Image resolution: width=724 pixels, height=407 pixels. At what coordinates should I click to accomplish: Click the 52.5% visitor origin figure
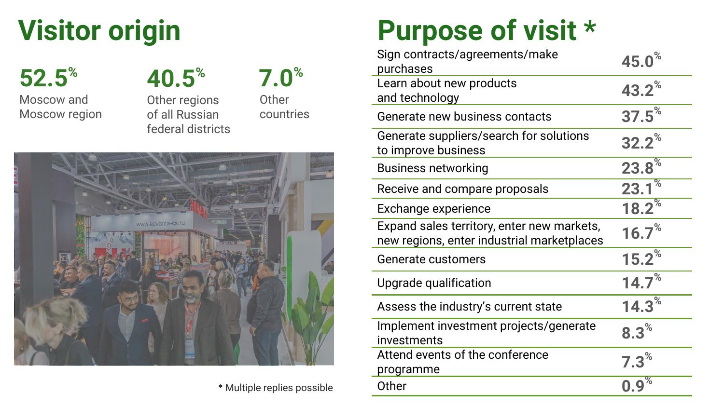click(48, 78)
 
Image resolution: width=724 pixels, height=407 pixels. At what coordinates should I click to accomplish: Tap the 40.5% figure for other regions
click(176, 78)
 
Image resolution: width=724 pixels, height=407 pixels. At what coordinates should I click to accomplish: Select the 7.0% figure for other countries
click(280, 78)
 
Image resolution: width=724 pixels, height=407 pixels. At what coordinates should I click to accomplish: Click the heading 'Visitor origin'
click(99, 31)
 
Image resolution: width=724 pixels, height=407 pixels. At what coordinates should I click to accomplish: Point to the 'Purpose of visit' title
click(487, 31)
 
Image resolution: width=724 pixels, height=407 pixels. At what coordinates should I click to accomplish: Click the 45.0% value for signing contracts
click(641, 60)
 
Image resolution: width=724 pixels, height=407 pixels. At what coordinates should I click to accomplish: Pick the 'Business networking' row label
click(432, 168)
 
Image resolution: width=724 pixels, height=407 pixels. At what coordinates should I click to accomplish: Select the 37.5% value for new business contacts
click(641, 116)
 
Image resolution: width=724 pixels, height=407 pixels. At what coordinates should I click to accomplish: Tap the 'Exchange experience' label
click(433, 209)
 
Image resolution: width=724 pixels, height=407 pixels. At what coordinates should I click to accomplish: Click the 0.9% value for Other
click(637, 385)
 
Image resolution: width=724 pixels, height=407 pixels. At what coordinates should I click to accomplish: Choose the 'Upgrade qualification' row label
click(434, 283)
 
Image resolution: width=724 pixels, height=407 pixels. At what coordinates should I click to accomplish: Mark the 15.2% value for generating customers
click(641, 258)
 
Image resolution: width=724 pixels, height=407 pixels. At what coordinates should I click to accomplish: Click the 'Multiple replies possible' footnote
click(276, 388)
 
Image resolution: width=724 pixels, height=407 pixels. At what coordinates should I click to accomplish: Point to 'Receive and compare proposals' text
click(462, 189)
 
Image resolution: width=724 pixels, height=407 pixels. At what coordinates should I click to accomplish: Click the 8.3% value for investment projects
click(637, 332)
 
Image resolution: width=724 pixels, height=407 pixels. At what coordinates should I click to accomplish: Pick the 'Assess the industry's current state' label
click(469, 307)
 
